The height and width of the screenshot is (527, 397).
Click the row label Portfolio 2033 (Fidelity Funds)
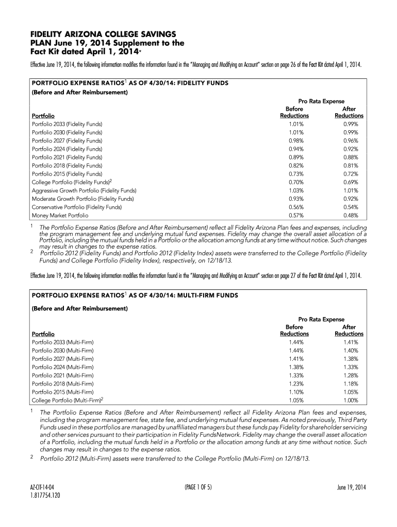tap(67, 124)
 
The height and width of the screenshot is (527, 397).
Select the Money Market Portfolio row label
tap(60, 215)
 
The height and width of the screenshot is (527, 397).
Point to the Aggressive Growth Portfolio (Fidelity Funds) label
tap(84, 190)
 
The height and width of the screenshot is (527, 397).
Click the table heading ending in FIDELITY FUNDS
tap(130, 83)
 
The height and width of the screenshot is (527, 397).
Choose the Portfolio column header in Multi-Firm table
tap(43, 334)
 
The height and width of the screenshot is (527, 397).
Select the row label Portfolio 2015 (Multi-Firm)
tap(63, 392)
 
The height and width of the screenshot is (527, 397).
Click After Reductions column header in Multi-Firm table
tap(349, 330)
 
